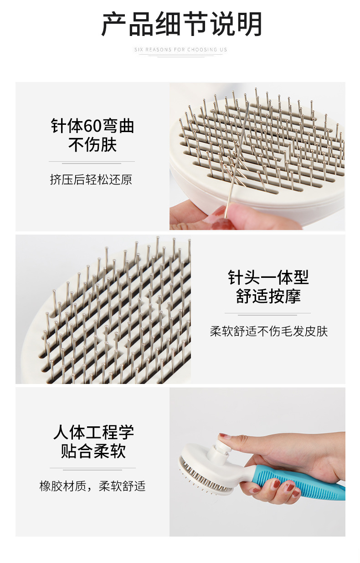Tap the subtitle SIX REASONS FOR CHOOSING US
(x=180, y=50)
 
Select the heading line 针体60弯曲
(x=93, y=126)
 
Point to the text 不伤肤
(x=93, y=145)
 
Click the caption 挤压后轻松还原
(x=91, y=179)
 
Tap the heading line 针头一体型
(x=268, y=277)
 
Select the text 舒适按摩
(x=268, y=296)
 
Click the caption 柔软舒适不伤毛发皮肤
(x=268, y=331)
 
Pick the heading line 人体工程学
(x=93, y=432)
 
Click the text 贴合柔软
(x=93, y=451)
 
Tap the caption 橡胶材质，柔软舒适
(x=93, y=486)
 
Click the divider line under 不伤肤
(x=92, y=162)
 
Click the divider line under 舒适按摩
(x=267, y=314)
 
